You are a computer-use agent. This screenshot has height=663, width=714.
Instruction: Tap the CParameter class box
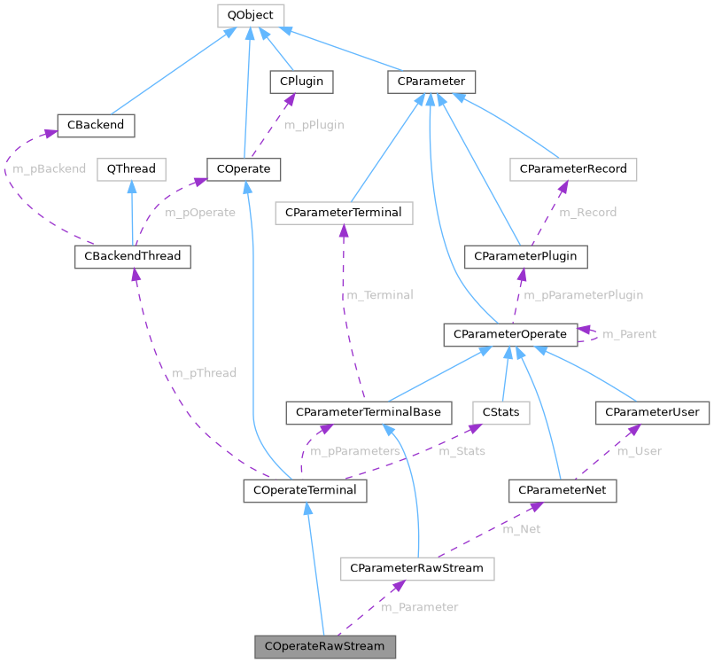coord(432,82)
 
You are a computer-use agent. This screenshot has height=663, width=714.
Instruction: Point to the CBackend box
coord(95,125)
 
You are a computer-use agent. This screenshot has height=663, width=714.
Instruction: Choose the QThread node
coord(130,168)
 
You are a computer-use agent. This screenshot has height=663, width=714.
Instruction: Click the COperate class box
coord(244,168)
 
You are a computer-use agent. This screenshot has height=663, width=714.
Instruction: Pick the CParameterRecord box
coord(573,168)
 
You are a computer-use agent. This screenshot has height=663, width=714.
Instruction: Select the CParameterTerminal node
coord(345,213)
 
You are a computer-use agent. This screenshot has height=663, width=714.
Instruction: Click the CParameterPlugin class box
coord(525,256)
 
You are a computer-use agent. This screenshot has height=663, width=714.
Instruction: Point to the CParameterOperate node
coord(510,334)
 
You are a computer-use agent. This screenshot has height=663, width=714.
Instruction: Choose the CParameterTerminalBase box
coord(369,412)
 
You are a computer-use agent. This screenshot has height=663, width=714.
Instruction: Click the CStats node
coord(501,412)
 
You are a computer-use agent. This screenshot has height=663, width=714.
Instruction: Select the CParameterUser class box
coord(652,412)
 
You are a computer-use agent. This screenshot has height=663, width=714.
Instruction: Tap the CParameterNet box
coord(563,490)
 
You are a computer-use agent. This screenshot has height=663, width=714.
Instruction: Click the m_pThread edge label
coord(204,373)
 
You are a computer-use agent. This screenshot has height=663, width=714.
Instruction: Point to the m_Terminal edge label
coord(379,295)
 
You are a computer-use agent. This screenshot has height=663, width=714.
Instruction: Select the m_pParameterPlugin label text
coord(583,295)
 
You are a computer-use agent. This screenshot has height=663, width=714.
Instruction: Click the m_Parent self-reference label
coord(629,334)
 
